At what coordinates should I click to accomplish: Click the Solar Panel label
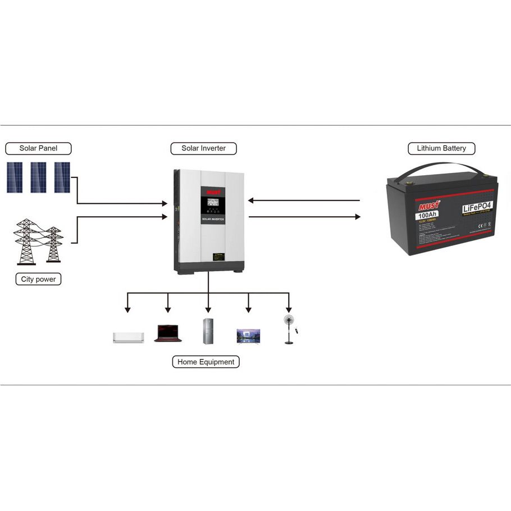tap(39, 149)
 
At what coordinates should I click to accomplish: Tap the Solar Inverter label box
tap(203, 149)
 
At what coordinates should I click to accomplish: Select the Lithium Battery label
tap(441, 149)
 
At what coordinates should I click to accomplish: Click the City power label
tap(38, 279)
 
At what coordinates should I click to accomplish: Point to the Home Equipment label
tap(206, 362)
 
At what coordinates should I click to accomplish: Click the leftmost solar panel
tap(15, 177)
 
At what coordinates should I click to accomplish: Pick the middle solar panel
tap(38, 177)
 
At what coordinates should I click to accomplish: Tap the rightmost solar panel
tap(62, 177)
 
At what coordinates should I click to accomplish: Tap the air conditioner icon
tap(128, 337)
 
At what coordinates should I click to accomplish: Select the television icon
tap(249, 335)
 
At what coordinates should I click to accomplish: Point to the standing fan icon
tap(289, 329)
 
